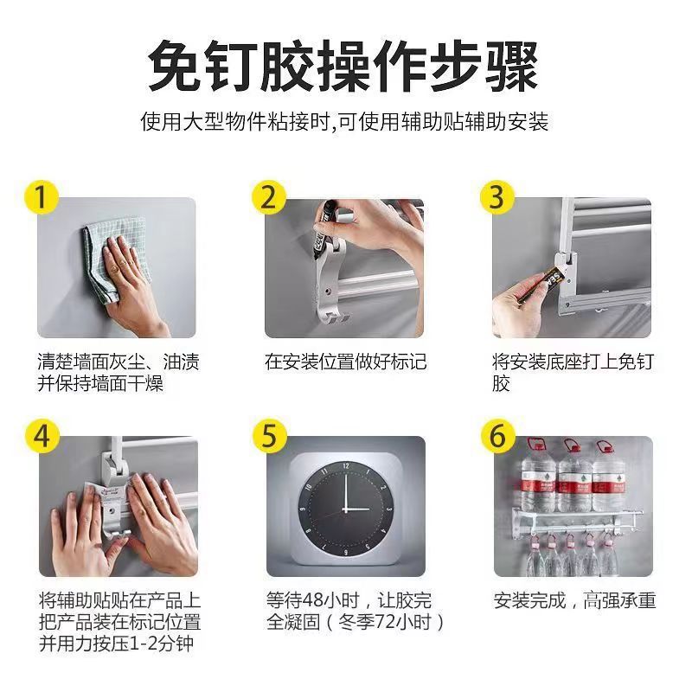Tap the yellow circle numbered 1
[x=39, y=197]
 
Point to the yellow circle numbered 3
[x=496, y=197]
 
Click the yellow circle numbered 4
[x=39, y=435]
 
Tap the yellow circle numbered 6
[x=496, y=435]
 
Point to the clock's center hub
[x=346, y=508]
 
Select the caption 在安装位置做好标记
[x=345, y=362]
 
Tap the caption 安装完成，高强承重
[x=574, y=599]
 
